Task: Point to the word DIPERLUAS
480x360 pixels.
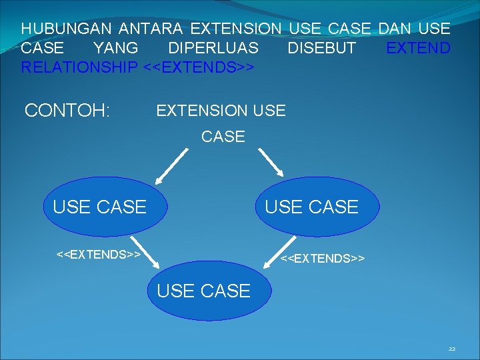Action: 213,49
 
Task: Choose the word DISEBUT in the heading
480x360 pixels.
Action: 321,49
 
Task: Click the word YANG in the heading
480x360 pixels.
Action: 116,49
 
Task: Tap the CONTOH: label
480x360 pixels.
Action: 67,110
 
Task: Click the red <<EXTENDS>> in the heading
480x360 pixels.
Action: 199,67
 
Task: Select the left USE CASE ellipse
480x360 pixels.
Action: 99,207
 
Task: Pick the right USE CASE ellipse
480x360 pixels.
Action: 312,207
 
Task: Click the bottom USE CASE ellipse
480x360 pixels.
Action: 203,291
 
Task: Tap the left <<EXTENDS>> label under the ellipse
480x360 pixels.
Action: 98,254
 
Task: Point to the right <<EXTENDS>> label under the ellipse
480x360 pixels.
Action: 323,257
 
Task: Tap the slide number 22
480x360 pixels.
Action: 452,349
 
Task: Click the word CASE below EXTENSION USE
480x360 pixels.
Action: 223,137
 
